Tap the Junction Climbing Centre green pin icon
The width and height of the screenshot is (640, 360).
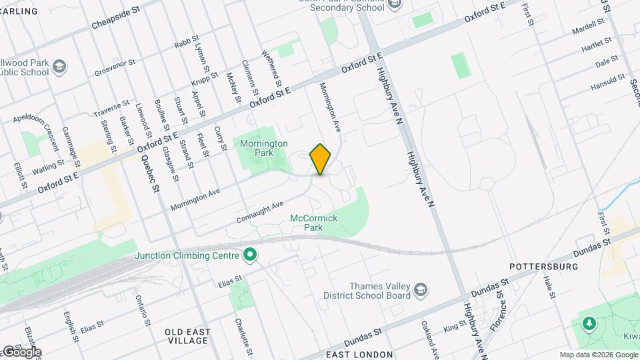tap(251, 254)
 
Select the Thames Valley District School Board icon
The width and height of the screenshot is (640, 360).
tap(420, 289)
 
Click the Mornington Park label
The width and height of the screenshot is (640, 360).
tap(263, 147)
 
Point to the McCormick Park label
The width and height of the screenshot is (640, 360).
tap(315, 223)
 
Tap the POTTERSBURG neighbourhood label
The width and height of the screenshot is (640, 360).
tap(543, 267)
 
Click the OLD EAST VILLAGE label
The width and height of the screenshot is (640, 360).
tap(188, 336)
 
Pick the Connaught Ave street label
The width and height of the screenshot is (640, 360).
tap(261, 212)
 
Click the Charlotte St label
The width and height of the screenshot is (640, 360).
tap(243, 332)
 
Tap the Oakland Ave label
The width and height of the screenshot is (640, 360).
tap(429, 338)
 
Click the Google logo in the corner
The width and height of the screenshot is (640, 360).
tap(21, 352)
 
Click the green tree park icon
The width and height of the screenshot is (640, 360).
tap(589, 324)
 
